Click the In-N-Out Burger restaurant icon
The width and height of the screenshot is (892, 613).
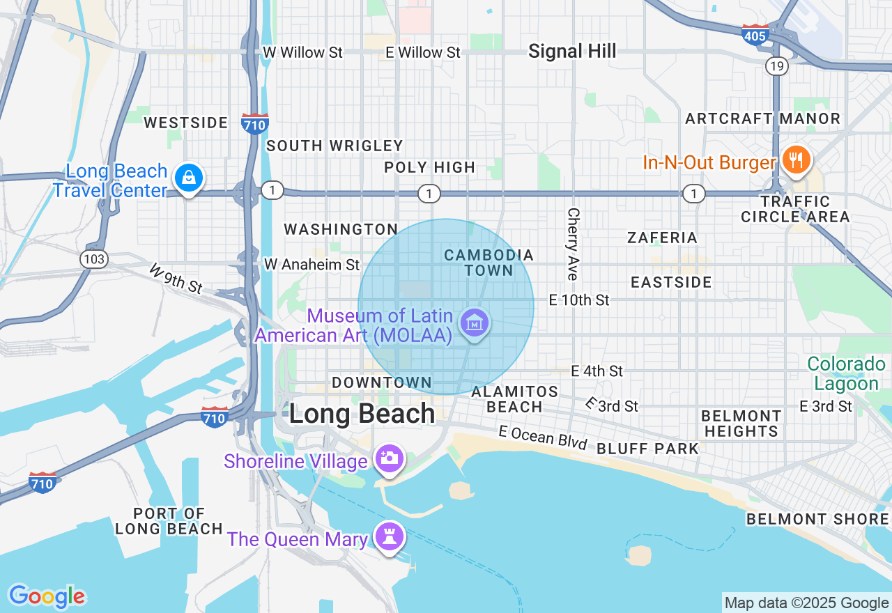point(794,160)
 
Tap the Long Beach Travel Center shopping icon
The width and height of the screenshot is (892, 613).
point(188,178)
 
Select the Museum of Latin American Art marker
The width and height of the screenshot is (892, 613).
point(475,323)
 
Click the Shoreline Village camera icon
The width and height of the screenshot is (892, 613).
point(389,458)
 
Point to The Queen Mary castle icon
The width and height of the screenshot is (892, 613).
point(389,536)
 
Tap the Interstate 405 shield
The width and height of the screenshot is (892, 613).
point(755,34)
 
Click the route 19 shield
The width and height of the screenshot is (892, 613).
point(776,66)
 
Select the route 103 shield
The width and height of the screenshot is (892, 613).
point(93,260)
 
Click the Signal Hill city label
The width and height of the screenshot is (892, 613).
point(572,51)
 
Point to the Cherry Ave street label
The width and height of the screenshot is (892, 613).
point(573,244)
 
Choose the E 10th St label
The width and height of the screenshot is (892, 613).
point(579,300)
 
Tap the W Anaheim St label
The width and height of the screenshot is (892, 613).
point(312,265)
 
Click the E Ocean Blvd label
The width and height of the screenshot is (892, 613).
point(544,437)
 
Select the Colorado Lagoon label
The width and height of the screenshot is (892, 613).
point(846,374)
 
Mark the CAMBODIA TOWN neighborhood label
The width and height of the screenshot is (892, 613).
point(489,263)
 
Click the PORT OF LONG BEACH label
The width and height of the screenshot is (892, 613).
point(169,521)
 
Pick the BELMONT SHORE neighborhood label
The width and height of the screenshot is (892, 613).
point(817,519)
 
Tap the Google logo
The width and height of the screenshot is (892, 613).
point(47,596)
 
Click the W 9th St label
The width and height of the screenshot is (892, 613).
point(176,278)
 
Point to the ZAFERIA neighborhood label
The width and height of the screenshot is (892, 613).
point(662,238)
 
